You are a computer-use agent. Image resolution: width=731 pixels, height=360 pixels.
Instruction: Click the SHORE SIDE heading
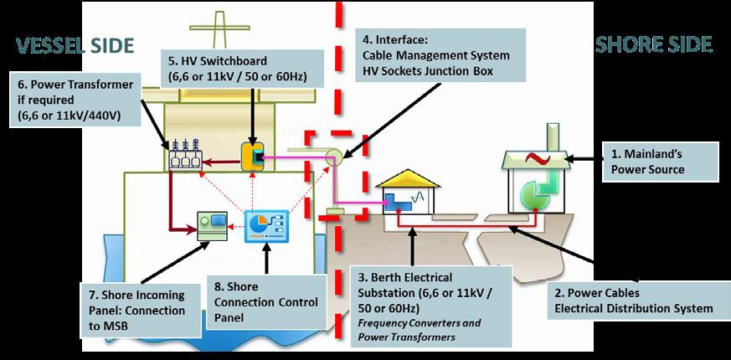[654, 44]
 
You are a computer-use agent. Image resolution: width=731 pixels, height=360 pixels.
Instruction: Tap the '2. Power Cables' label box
[633, 301]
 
